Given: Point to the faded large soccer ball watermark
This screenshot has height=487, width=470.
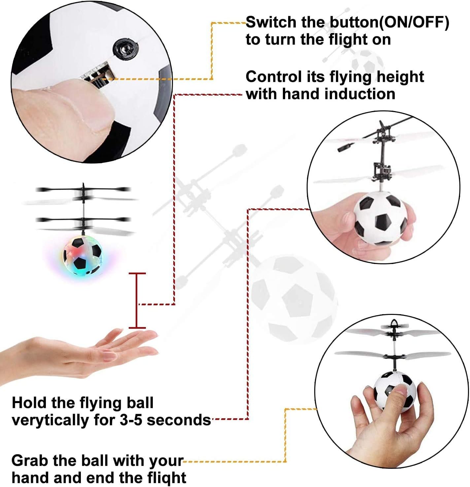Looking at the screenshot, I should tap(294, 299).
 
